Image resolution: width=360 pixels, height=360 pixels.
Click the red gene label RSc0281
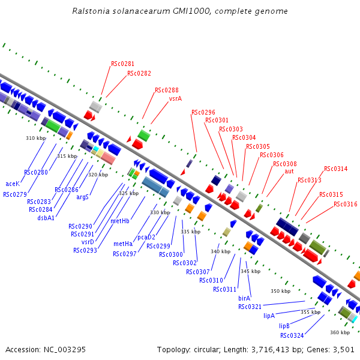[x=122, y=64]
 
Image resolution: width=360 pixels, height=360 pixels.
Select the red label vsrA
[x=175, y=98]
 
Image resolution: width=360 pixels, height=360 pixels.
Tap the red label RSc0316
[x=346, y=205]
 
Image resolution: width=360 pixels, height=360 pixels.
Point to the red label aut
[x=289, y=171]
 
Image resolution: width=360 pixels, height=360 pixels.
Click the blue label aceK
[x=13, y=184]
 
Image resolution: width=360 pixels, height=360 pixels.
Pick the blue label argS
[x=82, y=197]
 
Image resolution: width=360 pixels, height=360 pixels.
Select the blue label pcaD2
[x=146, y=237]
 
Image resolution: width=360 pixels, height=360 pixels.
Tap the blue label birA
[x=244, y=298]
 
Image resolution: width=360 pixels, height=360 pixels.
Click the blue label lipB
[x=284, y=326]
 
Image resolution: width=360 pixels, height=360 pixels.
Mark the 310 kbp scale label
[x=35, y=138]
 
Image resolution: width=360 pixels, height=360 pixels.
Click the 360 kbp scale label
[x=340, y=332]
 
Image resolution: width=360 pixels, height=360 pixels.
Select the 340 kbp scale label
[x=220, y=251]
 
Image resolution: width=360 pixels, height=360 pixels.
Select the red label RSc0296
[x=203, y=112]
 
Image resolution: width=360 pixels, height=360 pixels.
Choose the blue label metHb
[x=120, y=221]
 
